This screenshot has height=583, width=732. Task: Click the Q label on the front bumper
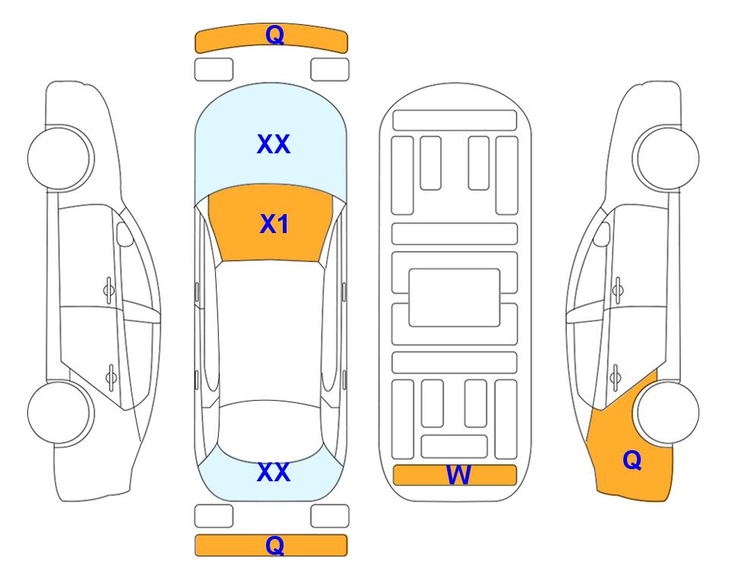(x=274, y=34)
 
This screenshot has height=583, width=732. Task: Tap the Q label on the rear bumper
(x=274, y=545)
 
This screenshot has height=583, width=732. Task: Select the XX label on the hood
(x=274, y=144)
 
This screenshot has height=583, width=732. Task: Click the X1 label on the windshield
(x=274, y=224)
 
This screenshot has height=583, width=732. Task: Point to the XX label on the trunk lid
(x=274, y=472)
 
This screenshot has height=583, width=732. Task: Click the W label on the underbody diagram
(x=458, y=475)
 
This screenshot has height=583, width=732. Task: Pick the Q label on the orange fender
(x=632, y=460)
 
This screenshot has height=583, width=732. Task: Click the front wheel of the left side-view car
(x=60, y=158)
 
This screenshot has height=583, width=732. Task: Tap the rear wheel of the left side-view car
(x=60, y=412)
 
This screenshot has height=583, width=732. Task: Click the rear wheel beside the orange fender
(x=667, y=412)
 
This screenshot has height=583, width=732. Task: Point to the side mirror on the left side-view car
(x=125, y=234)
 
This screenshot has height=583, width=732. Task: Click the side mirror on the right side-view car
(x=602, y=234)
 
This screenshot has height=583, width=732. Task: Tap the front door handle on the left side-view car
(x=109, y=290)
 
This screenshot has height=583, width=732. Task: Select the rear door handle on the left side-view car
(x=111, y=377)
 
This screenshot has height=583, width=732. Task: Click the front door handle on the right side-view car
(x=618, y=290)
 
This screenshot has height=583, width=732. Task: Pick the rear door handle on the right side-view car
(x=615, y=377)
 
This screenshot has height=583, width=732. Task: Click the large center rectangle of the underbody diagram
(x=455, y=298)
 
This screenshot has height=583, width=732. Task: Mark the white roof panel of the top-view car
(x=270, y=332)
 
